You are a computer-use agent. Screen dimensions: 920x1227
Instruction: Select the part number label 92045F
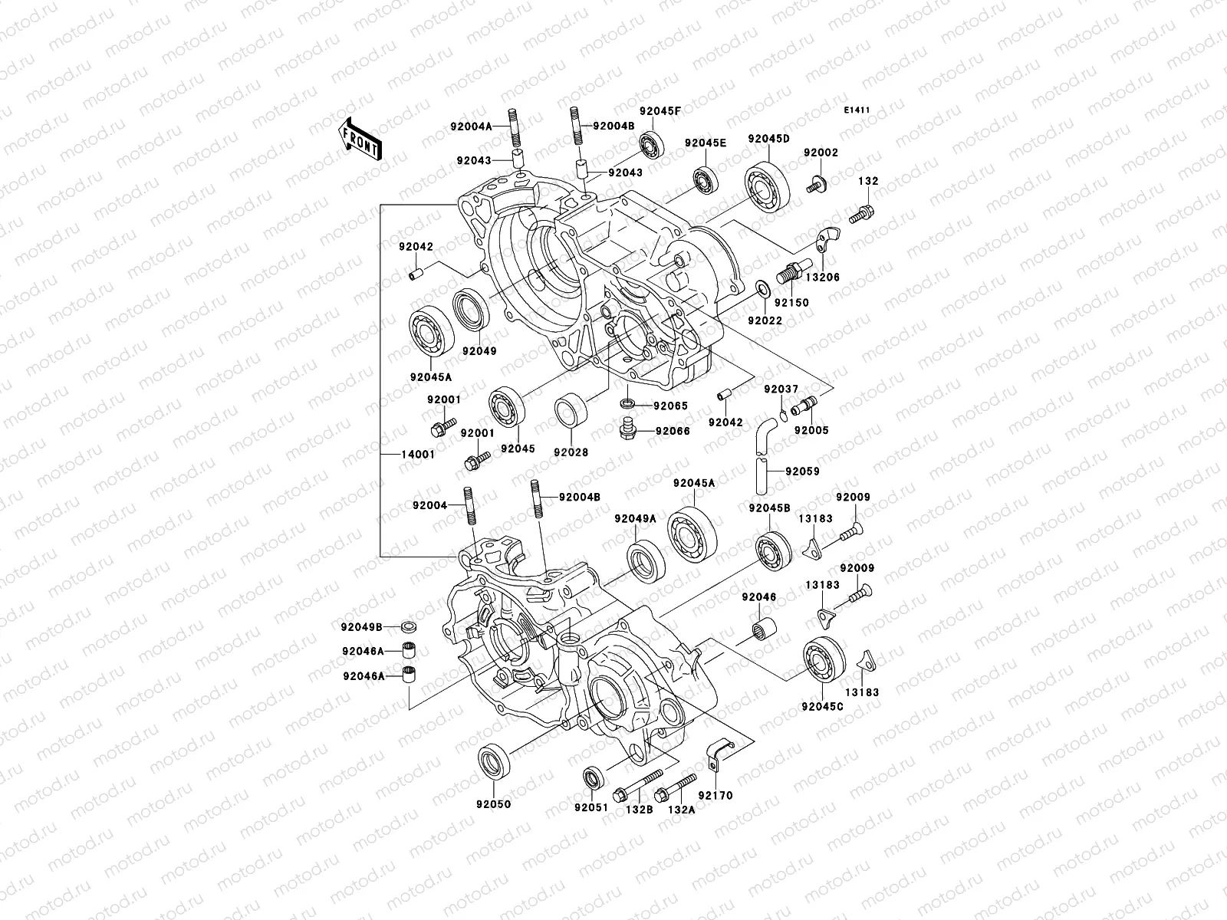[x=660, y=110]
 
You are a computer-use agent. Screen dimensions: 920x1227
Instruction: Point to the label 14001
[x=418, y=454]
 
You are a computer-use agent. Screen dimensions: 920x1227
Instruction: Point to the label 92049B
[x=362, y=626]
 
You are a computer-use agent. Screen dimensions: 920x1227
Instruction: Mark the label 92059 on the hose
[x=802, y=472]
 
